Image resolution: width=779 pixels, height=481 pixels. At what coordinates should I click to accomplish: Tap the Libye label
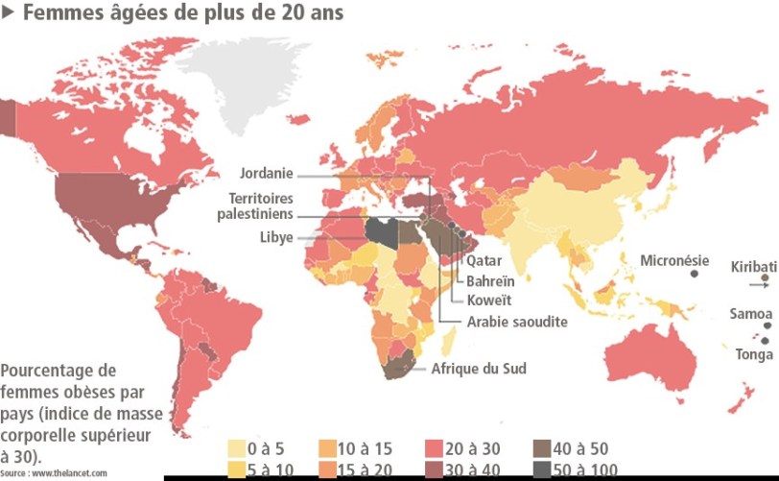(x=276, y=237)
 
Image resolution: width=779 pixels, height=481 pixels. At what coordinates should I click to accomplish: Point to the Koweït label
(x=487, y=300)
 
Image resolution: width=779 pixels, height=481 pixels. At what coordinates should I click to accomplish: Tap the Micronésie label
(x=674, y=260)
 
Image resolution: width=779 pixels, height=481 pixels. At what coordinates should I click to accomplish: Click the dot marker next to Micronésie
(x=694, y=275)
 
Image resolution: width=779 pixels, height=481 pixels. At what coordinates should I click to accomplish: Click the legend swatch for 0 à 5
(x=235, y=448)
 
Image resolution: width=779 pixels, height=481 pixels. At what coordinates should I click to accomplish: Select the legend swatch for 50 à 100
(x=543, y=469)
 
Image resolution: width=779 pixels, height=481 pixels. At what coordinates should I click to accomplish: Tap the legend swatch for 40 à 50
(x=543, y=448)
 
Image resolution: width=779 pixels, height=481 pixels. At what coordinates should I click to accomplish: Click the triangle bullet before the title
(x=8, y=13)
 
